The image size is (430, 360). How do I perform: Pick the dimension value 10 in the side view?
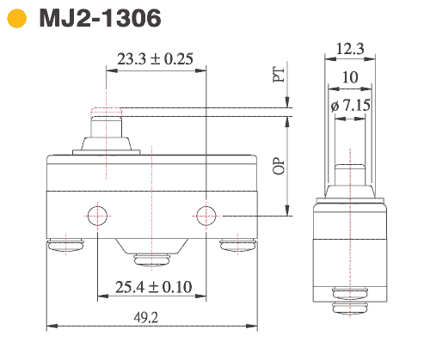tap(349, 77)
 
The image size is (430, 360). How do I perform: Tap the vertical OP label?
tap(278, 164)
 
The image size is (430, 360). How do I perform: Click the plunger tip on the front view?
tap(105, 112)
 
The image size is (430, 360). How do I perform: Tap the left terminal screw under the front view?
tap(64, 247)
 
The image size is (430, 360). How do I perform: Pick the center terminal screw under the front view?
tap(152, 258)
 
